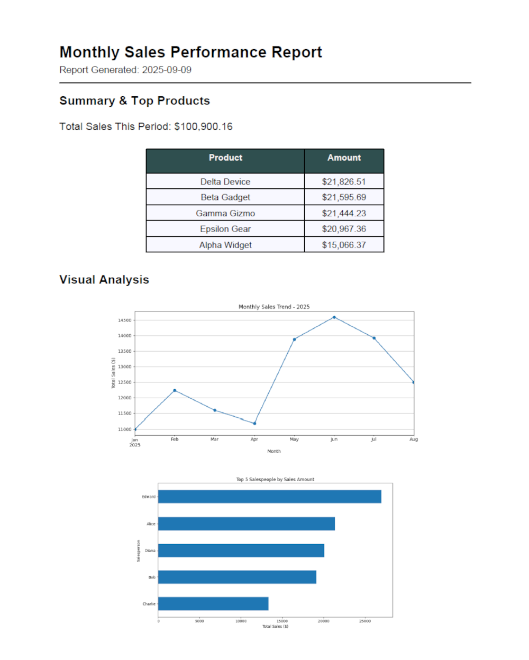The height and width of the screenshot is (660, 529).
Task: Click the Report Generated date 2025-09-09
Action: (x=167, y=70)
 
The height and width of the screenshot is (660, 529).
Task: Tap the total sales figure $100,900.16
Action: (x=203, y=126)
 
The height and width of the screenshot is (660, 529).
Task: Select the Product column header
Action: (x=225, y=158)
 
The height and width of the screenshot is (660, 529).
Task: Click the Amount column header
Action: (x=344, y=158)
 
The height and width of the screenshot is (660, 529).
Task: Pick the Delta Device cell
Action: (x=225, y=181)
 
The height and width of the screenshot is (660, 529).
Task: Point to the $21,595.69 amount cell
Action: (x=344, y=197)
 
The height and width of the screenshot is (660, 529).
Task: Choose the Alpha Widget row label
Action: (x=225, y=245)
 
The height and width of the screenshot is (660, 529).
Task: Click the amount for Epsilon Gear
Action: (x=344, y=229)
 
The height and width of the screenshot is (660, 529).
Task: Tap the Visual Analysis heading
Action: (x=104, y=280)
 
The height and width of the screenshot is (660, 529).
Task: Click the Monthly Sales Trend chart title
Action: (x=274, y=307)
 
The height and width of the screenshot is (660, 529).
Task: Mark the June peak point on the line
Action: (x=334, y=317)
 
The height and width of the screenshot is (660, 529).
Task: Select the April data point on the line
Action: (x=254, y=424)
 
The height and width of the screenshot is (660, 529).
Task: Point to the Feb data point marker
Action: (x=175, y=391)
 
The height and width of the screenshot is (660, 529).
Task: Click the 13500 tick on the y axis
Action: (x=125, y=351)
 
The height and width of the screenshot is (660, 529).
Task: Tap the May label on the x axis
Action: (x=294, y=439)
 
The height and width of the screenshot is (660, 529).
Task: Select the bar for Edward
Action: (x=269, y=497)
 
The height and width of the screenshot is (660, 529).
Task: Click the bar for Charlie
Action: (x=213, y=603)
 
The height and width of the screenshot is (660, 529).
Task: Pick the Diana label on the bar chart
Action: (x=150, y=551)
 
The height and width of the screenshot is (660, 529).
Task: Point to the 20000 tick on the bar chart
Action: (x=323, y=621)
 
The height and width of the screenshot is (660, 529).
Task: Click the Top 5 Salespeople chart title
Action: (x=275, y=480)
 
